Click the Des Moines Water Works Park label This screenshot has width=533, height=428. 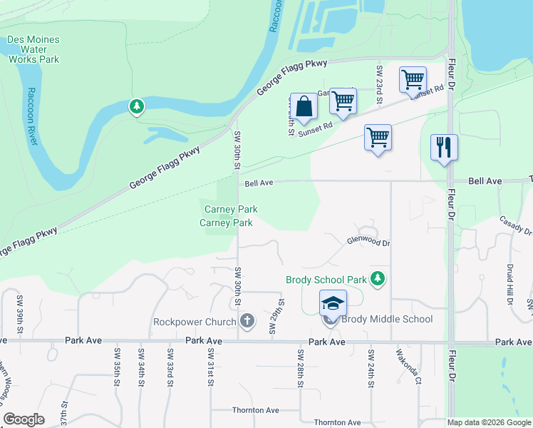[x=33, y=50]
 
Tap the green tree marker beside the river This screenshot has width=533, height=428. [x=136, y=107]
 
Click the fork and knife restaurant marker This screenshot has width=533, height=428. [x=444, y=148]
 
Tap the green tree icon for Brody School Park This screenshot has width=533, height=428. [x=378, y=279]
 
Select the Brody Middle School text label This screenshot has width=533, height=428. [x=387, y=319]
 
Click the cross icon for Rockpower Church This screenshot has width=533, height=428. [x=247, y=321]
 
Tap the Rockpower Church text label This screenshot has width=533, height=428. [x=195, y=322]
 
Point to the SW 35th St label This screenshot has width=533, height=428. [x=117, y=364]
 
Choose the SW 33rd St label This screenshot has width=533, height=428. [x=170, y=364]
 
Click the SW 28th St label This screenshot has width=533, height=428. [x=301, y=368]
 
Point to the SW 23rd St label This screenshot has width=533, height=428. [x=380, y=85]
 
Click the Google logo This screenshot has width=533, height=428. [x=24, y=419]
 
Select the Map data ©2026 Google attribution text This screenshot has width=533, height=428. [x=488, y=422]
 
